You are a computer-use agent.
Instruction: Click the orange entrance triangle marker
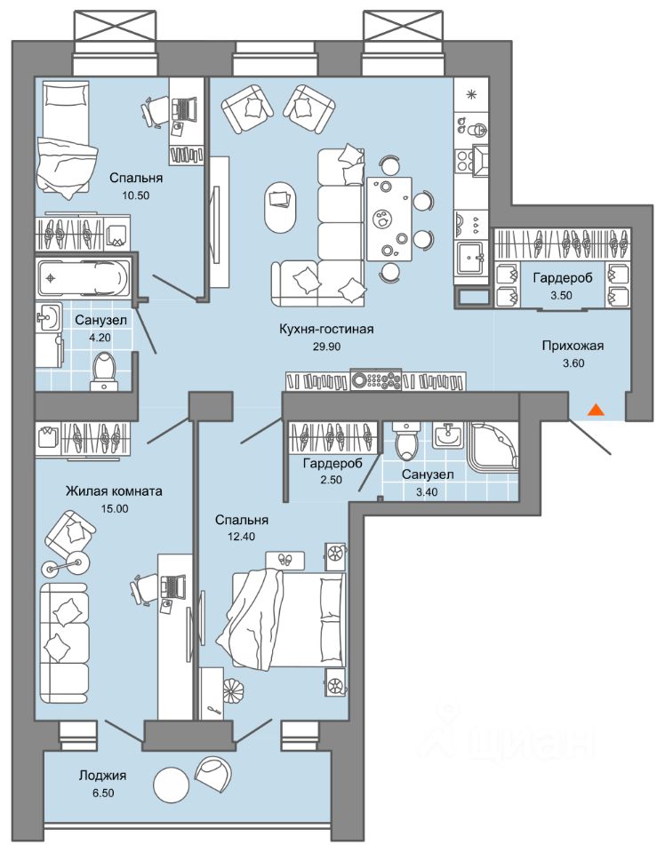(597, 410)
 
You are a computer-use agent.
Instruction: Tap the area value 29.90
(326, 346)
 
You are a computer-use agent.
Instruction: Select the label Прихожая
(573, 346)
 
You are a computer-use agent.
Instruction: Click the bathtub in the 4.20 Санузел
(84, 278)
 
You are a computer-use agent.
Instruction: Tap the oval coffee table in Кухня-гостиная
(281, 207)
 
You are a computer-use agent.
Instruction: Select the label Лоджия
(102, 775)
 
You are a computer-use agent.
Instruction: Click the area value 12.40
(242, 537)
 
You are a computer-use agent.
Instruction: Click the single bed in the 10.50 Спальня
(64, 139)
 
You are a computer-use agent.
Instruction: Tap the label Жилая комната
(114, 491)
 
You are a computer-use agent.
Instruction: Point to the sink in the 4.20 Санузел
(49, 316)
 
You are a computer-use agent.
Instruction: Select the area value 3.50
(562, 295)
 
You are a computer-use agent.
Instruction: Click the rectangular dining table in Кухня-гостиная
(389, 219)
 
